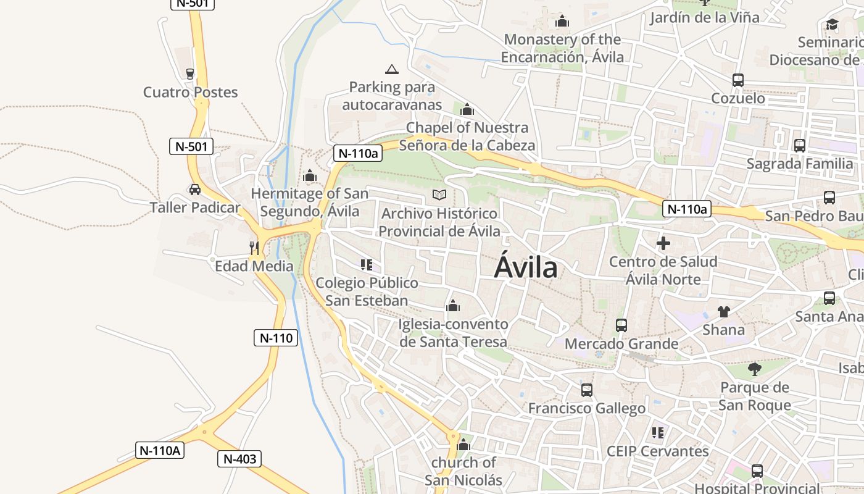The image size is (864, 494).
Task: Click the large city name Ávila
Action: tap(526, 268)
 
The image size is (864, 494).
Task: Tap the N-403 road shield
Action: tap(239, 459)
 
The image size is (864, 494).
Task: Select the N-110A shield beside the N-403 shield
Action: tap(160, 450)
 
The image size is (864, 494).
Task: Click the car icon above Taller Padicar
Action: tap(195, 190)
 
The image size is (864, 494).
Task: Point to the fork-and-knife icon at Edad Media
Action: tap(254, 248)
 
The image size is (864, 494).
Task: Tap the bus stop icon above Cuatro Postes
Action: tap(190, 74)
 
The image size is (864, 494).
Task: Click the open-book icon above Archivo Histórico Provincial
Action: tap(439, 195)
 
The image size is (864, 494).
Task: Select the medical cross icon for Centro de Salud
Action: tap(663, 243)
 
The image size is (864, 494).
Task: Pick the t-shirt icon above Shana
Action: tap(723, 312)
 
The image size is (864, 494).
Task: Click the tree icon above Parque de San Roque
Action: tap(754, 370)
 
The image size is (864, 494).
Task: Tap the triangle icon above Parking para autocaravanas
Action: tap(391, 69)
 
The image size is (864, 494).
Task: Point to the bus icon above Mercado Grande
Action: tap(621, 325)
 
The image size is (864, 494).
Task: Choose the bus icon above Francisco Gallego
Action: tap(587, 390)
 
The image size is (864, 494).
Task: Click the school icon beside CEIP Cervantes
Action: tap(658, 433)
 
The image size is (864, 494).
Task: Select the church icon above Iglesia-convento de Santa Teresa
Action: tap(453, 306)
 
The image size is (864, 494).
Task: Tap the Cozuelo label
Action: tap(738, 98)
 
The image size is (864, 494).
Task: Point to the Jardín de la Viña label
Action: tap(704, 17)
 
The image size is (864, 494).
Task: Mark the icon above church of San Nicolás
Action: tap(463, 445)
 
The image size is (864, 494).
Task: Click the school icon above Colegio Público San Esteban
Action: tap(367, 265)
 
